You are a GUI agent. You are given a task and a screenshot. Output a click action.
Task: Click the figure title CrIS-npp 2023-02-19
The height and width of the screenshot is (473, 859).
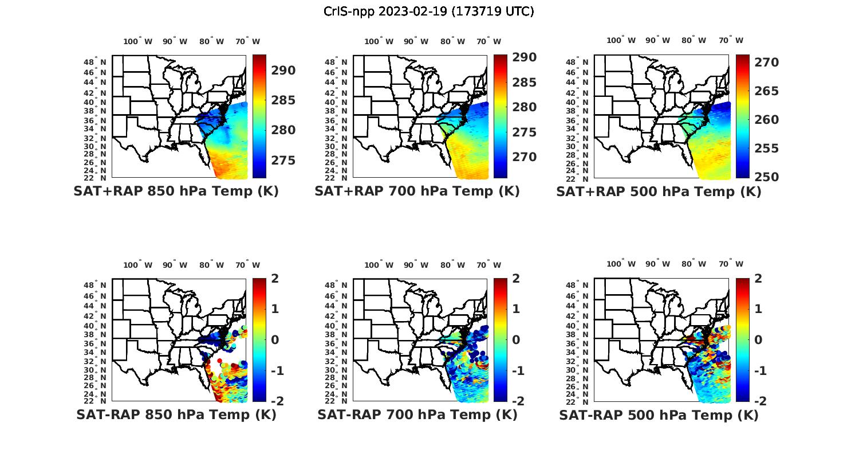[428, 11]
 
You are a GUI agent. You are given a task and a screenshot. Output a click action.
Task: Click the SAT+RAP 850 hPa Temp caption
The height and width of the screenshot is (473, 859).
[176, 191]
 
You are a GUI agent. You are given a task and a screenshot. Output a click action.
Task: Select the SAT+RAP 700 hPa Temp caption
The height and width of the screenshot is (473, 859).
[417, 191]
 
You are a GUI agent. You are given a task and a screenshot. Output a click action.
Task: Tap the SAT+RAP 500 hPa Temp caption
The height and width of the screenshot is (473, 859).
[659, 191]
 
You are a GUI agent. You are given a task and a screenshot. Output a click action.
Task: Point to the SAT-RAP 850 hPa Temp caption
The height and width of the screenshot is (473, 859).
[176, 415]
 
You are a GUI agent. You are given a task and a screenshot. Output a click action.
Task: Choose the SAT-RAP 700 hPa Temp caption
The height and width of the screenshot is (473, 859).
[417, 415]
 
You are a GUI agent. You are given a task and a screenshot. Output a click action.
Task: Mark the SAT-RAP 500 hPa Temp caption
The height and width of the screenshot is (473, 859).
[659, 415]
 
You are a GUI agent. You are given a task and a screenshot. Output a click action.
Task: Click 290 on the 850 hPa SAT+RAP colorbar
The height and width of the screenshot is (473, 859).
[283, 71]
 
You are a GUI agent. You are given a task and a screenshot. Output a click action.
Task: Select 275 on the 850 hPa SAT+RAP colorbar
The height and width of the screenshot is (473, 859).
[283, 160]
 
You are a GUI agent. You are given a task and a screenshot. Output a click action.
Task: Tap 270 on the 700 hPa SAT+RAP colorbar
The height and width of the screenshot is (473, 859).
[525, 157]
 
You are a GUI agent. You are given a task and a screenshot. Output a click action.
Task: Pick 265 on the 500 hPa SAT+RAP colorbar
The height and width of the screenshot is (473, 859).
[766, 91]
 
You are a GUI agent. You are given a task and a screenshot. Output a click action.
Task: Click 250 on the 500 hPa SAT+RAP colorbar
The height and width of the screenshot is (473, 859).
[766, 177]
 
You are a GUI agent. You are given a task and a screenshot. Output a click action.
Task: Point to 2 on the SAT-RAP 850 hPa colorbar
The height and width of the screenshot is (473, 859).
[275, 279]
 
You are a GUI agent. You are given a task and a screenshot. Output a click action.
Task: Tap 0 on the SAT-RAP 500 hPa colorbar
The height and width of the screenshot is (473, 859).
[758, 340]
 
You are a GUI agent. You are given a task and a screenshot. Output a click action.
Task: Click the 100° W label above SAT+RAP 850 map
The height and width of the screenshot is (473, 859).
[138, 41]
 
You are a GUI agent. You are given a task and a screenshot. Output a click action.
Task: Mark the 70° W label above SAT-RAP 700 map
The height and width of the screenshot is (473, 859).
[488, 265]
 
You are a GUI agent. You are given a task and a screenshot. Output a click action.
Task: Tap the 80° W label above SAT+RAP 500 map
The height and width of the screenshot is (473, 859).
[693, 41]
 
